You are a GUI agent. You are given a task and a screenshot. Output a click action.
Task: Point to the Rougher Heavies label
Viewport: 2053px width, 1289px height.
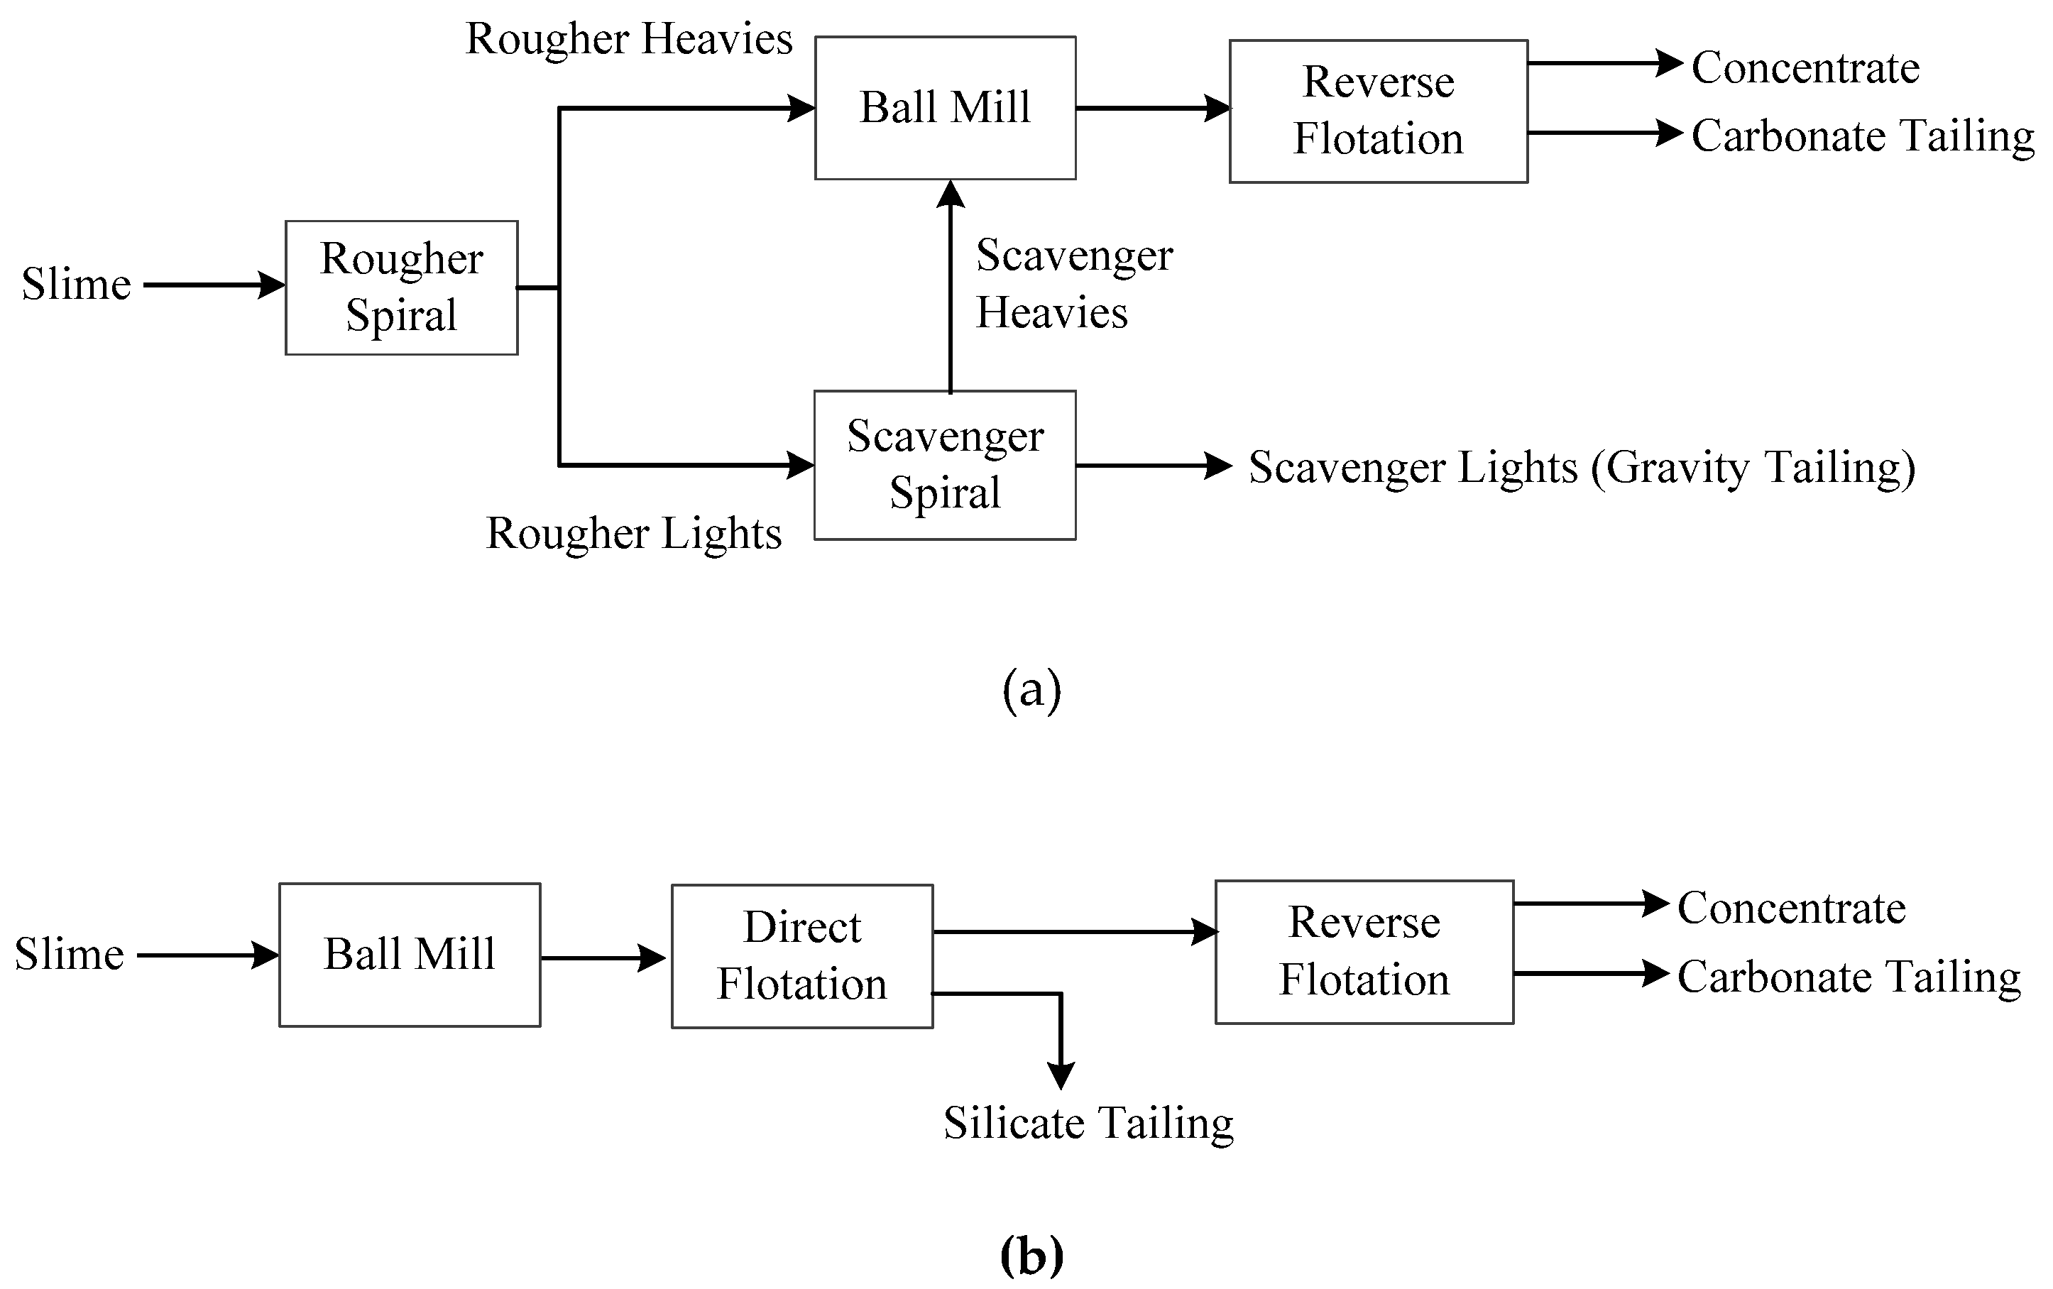tap(629, 39)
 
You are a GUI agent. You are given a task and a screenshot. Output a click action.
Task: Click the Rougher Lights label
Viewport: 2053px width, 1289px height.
tap(633, 534)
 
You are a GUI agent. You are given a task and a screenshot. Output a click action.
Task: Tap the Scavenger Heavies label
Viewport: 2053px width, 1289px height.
tap(1074, 284)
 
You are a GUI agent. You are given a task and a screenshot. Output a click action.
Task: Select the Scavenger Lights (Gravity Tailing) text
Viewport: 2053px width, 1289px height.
tap(1582, 468)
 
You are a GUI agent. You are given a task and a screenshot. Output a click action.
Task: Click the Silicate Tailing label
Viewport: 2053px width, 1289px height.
tap(1088, 1123)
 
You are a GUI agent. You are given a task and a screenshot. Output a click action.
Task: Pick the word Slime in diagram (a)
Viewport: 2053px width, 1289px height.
tap(76, 284)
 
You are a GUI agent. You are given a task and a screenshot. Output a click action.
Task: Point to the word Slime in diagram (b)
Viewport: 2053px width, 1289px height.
tap(69, 954)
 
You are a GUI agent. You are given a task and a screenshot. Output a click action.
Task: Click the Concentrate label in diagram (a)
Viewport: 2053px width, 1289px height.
tap(1806, 67)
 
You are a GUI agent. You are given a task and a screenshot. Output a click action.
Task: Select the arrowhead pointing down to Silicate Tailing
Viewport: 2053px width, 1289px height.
tap(1061, 1076)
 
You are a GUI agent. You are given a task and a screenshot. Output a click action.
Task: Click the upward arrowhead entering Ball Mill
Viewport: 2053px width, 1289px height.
tap(951, 195)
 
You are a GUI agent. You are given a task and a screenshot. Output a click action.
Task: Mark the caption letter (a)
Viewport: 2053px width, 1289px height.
tap(1031, 690)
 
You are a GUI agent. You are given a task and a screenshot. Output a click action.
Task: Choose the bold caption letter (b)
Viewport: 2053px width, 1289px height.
tap(1031, 1254)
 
